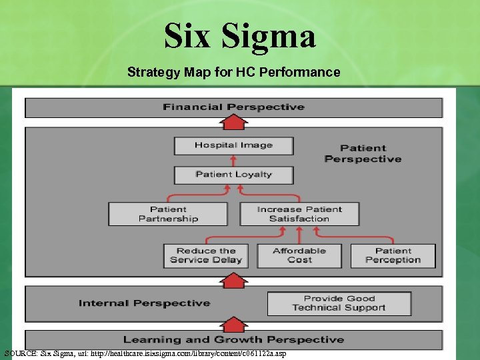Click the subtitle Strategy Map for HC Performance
pyautogui.click(x=233, y=72)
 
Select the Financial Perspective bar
pyautogui.click(x=233, y=107)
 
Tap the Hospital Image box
pyautogui.click(x=233, y=145)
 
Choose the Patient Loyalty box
pyautogui.click(x=233, y=175)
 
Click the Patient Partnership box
pyautogui.click(x=168, y=214)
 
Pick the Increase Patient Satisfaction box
pyautogui.click(x=299, y=214)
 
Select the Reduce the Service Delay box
pyautogui.click(x=206, y=256)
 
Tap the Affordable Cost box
pyautogui.click(x=299, y=256)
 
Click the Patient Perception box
pyautogui.click(x=393, y=256)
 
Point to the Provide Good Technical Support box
pyautogui.click(x=339, y=303)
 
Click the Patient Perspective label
pyautogui.click(x=363, y=153)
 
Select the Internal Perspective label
pyautogui.click(x=144, y=303)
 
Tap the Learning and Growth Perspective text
pyautogui.click(x=233, y=340)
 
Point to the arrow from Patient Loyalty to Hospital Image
pyautogui.click(x=233, y=160)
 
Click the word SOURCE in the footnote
pyautogui.click(x=21, y=353)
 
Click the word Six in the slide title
pyautogui.click(x=188, y=36)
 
